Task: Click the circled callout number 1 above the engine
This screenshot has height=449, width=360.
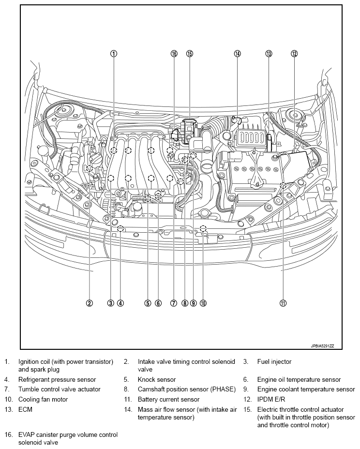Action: coord(113,54)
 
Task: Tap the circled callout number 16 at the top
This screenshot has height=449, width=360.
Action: coord(174,54)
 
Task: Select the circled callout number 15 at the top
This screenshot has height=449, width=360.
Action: coord(189,54)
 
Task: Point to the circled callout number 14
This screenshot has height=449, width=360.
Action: coord(237,54)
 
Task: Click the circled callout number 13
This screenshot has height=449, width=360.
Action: coord(269,54)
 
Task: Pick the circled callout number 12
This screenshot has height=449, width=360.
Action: coord(294,54)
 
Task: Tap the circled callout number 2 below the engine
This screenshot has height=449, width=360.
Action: coord(90,303)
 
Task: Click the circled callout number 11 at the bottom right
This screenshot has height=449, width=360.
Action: coord(283,303)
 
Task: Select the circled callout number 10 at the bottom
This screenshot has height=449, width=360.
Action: coord(203,303)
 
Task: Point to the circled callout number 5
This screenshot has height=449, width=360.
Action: coord(148,303)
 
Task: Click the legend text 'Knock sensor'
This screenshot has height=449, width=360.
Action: coord(157,380)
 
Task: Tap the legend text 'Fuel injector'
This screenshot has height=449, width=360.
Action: coord(274,361)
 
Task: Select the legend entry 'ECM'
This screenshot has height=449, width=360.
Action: coord(26,409)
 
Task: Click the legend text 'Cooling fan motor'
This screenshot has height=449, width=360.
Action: coord(43,400)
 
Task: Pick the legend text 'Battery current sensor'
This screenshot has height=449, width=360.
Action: coord(168,400)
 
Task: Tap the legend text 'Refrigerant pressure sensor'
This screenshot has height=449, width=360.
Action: coord(57,380)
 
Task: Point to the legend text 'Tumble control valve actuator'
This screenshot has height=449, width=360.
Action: coord(60,389)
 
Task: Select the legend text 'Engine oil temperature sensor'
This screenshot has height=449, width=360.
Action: coord(299,380)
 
